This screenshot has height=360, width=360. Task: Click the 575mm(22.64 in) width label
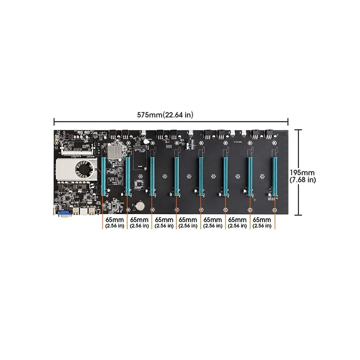(x=165, y=115)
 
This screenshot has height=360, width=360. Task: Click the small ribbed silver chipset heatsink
(x=116, y=153)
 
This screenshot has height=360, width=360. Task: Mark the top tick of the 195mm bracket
(x=298, y=130)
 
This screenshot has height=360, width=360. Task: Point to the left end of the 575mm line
(x=54, y=121)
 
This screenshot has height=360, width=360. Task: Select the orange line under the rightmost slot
(x=274, y=214)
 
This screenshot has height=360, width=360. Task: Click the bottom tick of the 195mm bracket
(x=298, y=215)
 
